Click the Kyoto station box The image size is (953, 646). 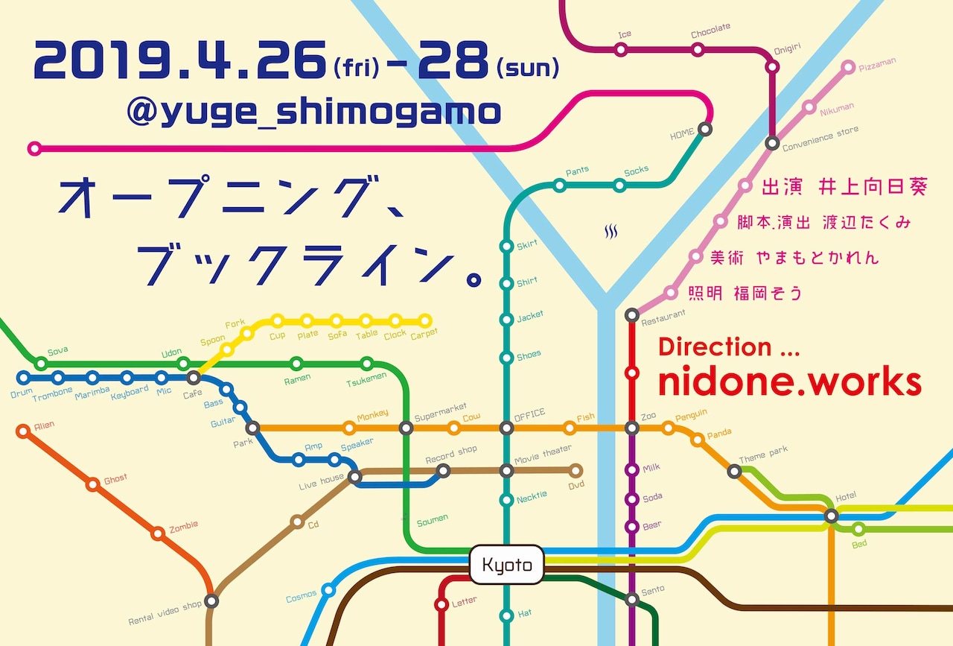[507, 565]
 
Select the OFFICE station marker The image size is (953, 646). [506, 428]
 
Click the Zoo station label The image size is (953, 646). [648, 416]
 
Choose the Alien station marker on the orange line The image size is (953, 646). [22, 430]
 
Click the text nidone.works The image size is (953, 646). [790, 382]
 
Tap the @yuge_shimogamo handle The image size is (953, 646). [313, 113]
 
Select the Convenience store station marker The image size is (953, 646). [773, 143]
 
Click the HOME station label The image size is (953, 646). [682, 134]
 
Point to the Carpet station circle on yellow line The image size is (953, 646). [425, 321]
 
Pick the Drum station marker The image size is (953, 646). [23, 378]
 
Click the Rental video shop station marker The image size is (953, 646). [212, 601]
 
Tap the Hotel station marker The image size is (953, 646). [832, 516]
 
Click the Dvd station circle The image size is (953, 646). [575, 471]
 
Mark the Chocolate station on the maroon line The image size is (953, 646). [698, 50]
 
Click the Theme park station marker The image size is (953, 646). [735, 471]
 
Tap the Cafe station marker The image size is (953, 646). [194, 378]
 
